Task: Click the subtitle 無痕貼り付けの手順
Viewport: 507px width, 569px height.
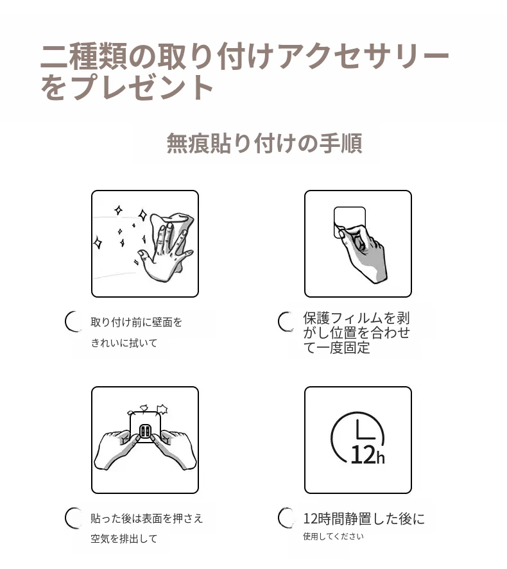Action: tap(264, 143)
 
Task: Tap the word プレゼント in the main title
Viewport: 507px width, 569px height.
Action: tap(142, 87)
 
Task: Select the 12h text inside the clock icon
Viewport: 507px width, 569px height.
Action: tap(367, 455)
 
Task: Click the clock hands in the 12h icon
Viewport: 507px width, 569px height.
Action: tap(364, 430)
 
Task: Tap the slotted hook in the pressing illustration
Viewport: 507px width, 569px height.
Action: tap(145, 432)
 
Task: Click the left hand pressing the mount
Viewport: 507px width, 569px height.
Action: tap(116, 450)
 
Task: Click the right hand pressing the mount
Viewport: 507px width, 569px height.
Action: tap(174, 450)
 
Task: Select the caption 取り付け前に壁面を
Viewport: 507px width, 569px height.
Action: tap(137, 322)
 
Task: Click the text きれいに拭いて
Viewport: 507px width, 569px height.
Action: tap(124, 343)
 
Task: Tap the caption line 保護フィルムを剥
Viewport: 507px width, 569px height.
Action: tap(356, 318)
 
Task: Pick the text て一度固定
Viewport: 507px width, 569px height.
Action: tap(336, 348)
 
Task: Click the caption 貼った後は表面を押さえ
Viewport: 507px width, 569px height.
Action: tap(146, 518)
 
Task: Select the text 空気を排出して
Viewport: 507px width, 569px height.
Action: tap(124, 539)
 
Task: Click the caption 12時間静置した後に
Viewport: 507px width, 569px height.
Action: tap(364, 519)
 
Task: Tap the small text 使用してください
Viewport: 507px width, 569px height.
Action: tap(333, 536)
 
